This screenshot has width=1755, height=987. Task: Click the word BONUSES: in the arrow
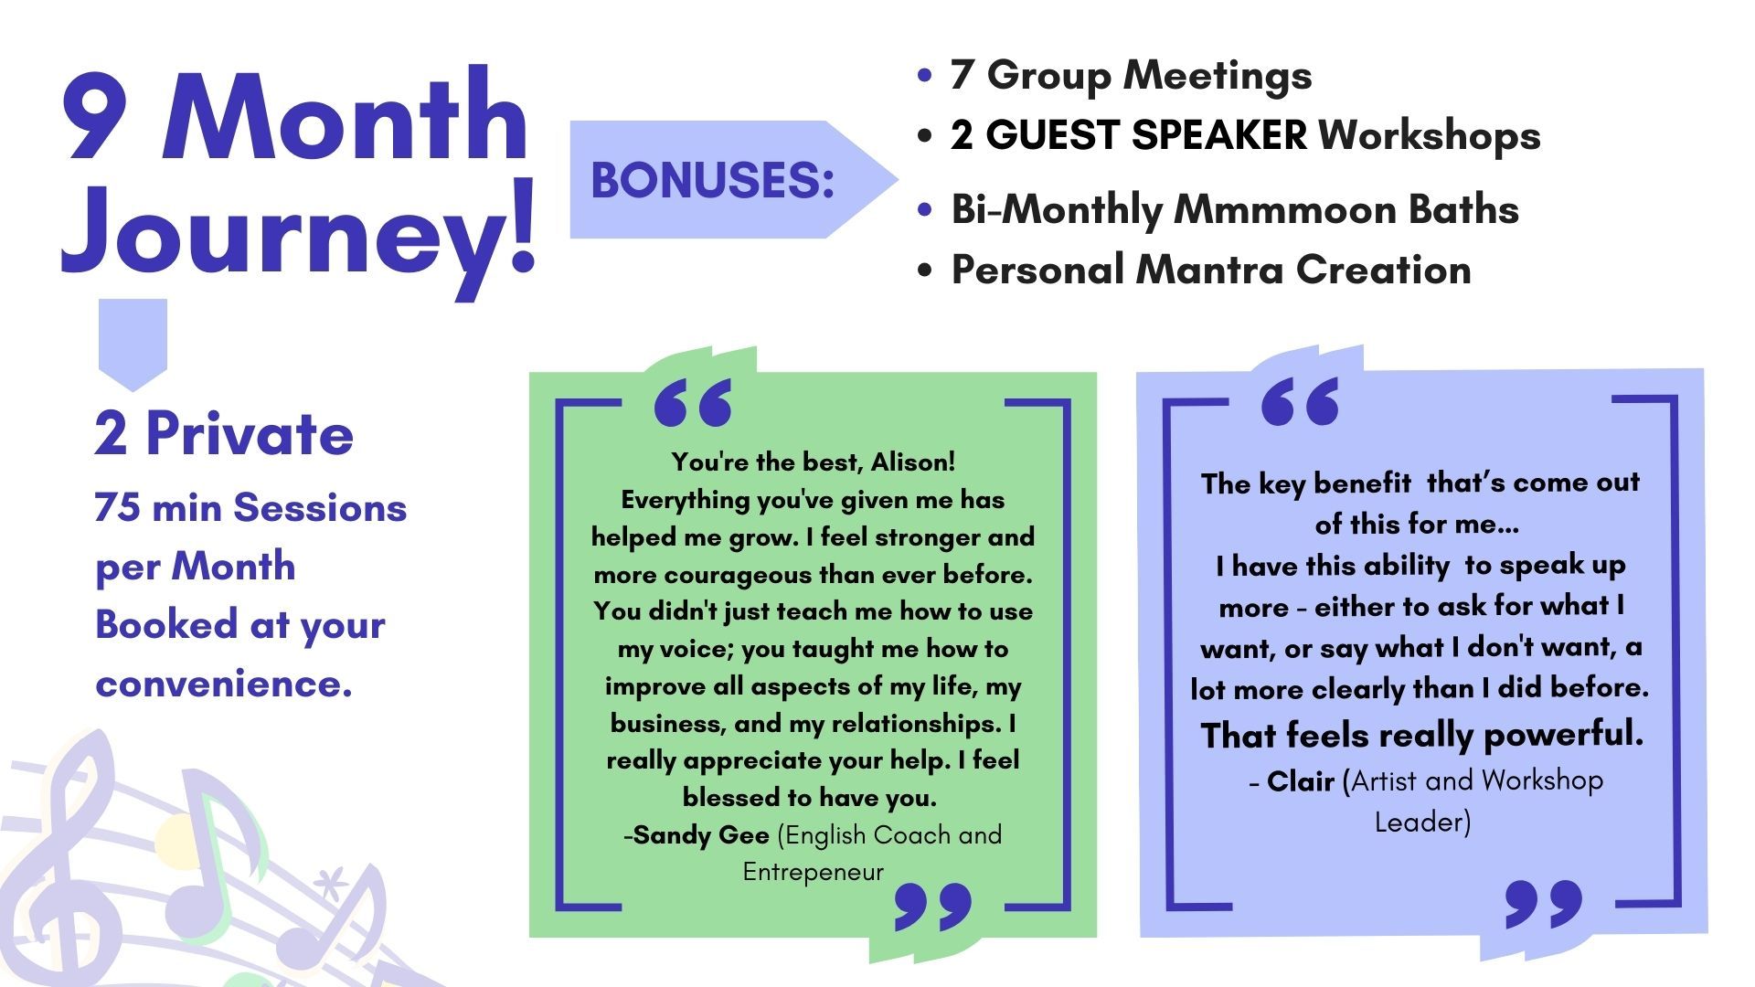[713, 180]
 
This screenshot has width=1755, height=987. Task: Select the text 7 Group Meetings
[1131, 76]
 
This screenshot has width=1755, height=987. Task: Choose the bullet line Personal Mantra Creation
[1211, 270]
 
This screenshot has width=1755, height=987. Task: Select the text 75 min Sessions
[250, 507]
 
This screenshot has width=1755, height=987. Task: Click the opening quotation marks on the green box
[694, 403]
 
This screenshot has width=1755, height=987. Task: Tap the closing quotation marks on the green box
[933, 906]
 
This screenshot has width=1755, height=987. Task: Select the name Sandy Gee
[701, 835]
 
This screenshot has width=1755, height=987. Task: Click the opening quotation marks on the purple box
[1300, 401]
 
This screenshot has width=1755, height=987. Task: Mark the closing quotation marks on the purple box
[1544, 904]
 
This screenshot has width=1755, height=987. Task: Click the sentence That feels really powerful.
[1421, 735]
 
